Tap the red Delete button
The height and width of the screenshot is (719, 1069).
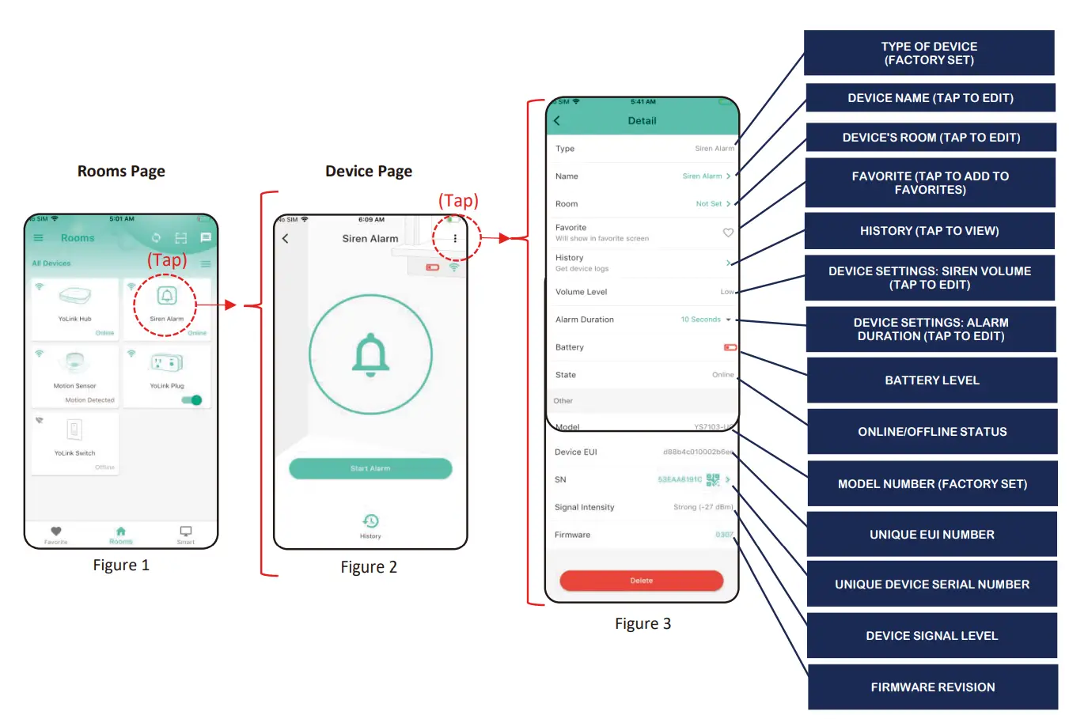pyautogui.click(x=641, y=581)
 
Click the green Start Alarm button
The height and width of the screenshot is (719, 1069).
pyautogui.click(x=370, y=468)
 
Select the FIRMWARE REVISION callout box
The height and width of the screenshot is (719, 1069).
pyautogui.click(x=932, y=687)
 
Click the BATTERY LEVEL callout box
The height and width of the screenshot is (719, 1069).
pyautogui.click(x=931, y=380)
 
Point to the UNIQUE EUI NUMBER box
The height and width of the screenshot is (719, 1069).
pyautogui.click(x=931, y=535)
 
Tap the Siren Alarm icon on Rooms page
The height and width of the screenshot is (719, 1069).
pyautogui.click(x=166, y=297)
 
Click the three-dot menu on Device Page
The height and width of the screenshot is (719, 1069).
pyautogui.click(x=455, y=238)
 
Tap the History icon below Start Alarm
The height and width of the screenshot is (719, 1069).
pyautogui.click(x=370, y=521)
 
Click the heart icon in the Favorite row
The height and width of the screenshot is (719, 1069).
pyautogui.click(x=728, y=233)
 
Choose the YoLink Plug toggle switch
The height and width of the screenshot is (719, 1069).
pyautogui.click(x=192, y=400)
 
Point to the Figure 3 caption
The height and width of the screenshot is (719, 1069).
pyautogui.click(x=643, y=623)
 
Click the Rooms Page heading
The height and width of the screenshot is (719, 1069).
pyautogui.click(x=121, y=171)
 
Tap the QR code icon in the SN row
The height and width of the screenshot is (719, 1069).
pyautogui.click(x=712, y=479)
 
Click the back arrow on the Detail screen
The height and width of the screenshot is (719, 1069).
pyautogui.click(x=557, y=121)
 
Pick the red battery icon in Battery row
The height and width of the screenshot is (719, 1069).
pyautogui.click(x=730, y=347)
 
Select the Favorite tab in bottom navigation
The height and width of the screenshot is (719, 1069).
pyautogui.click(x=55, y=534)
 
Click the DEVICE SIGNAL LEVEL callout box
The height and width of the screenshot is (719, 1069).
pyautogui.click(x=931, y=636)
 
